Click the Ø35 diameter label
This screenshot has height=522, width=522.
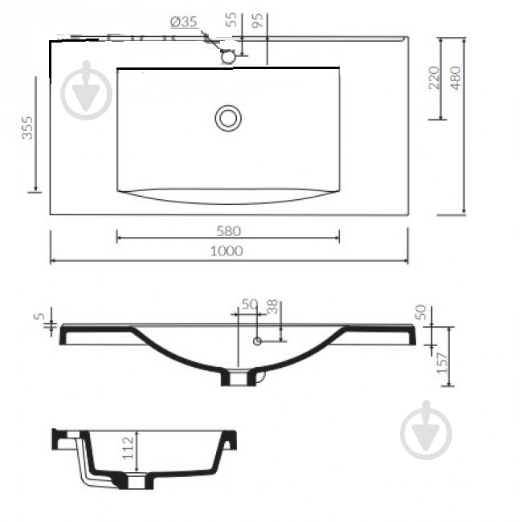pos(184,22)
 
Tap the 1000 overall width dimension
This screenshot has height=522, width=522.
pos(226,251)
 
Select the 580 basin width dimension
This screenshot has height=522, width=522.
pos(228,231)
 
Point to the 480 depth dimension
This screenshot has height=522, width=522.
pos(457,78)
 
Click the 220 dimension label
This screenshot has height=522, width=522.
pos(434,78)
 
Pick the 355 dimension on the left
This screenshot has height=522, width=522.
pos(27,128)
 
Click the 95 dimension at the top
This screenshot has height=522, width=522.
pos(258,20)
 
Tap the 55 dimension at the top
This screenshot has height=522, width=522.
pos(231,19)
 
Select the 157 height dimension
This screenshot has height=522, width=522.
pos(443,363)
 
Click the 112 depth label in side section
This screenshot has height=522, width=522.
pos(128,448)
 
